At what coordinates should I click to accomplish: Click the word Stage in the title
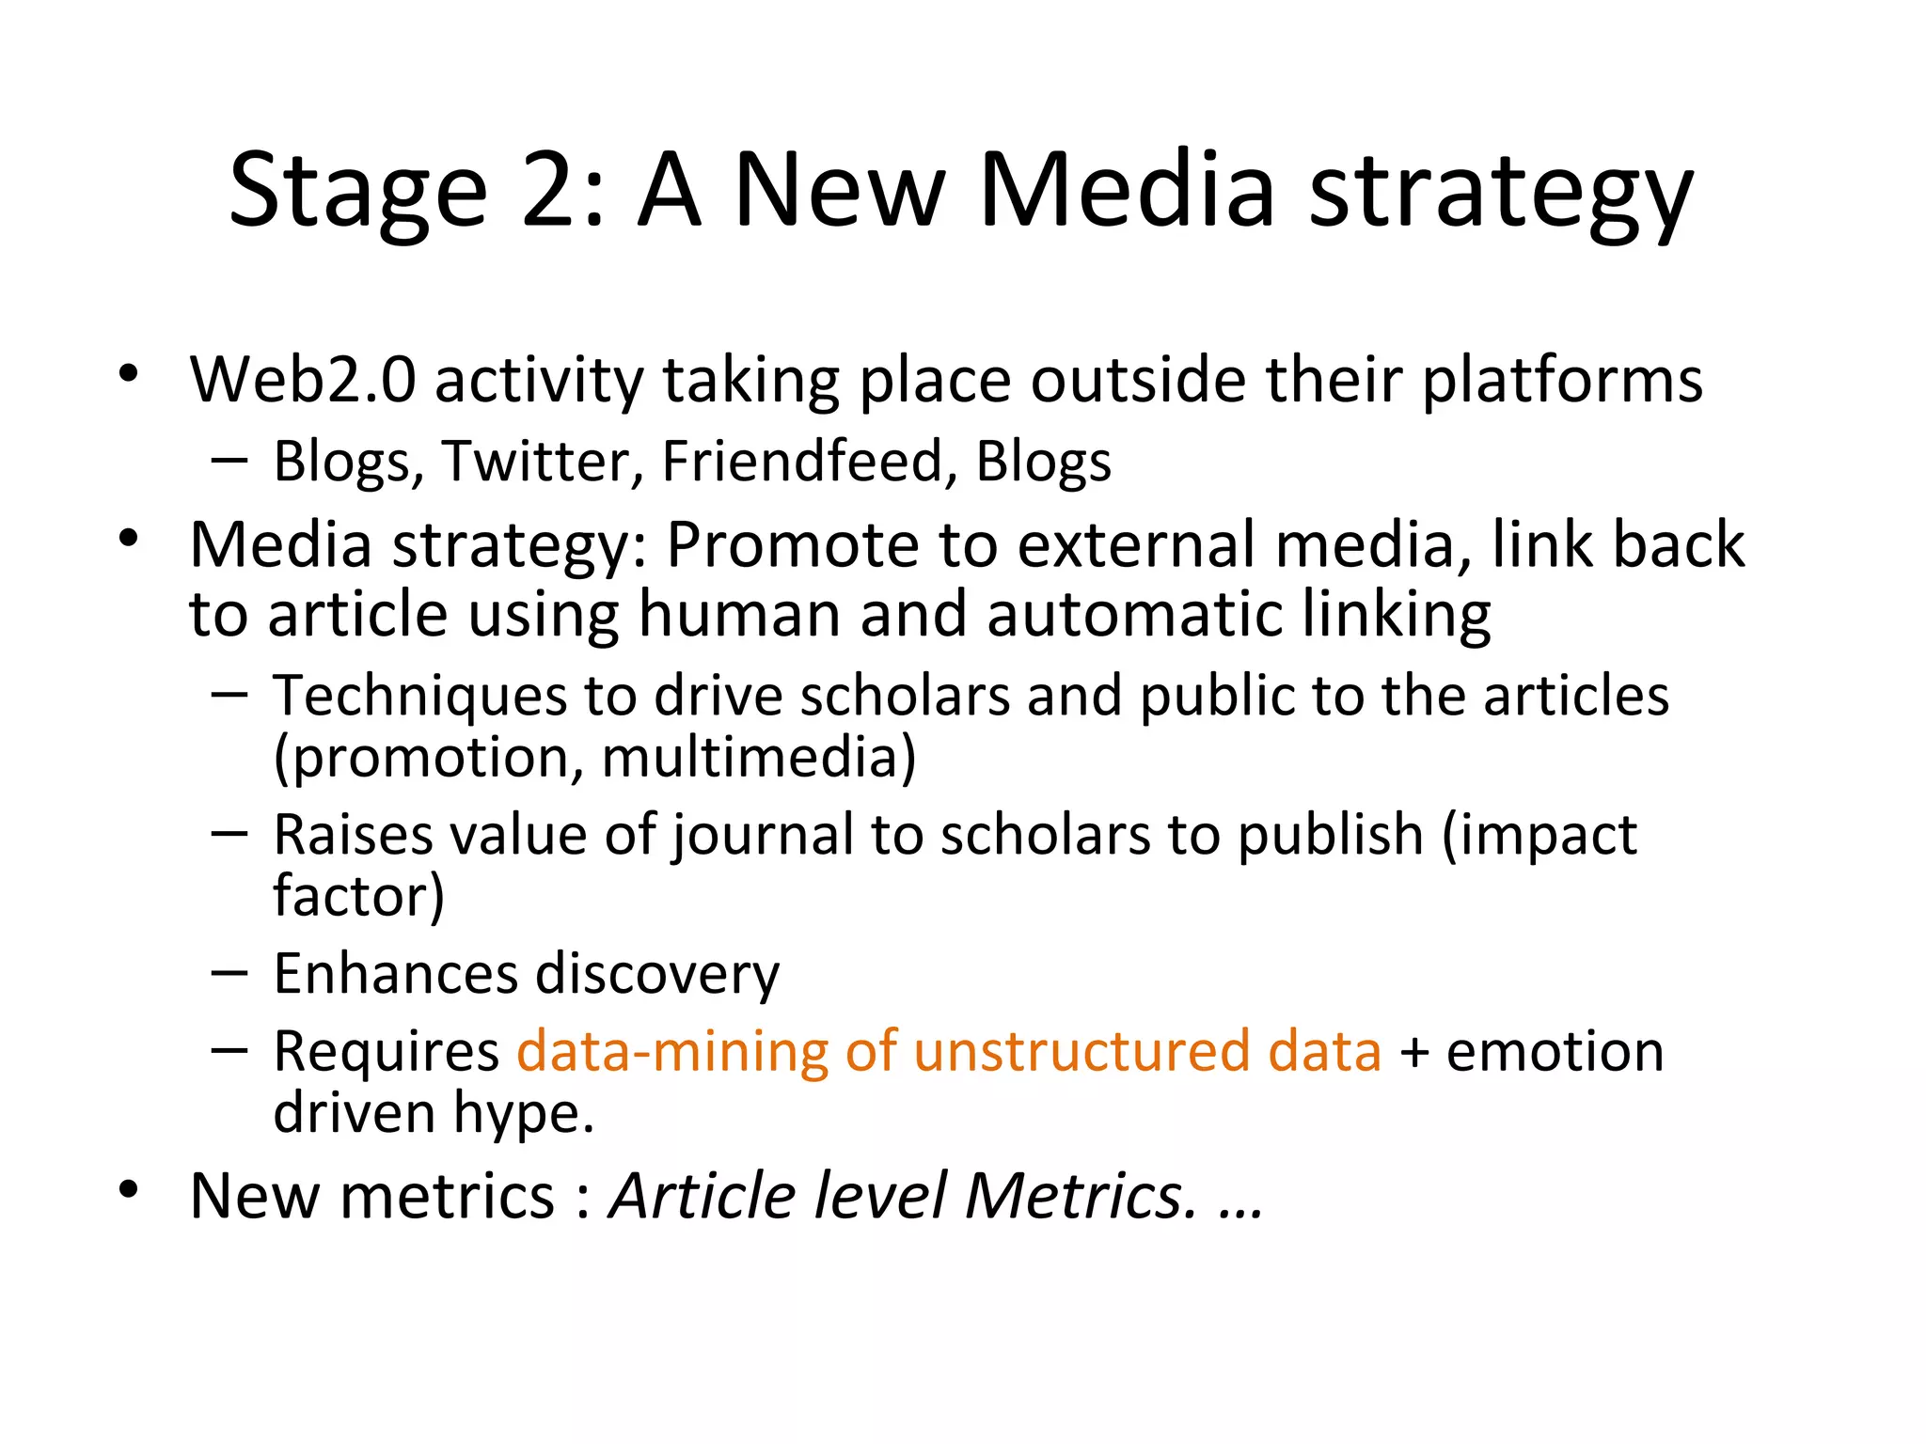click(357, 191)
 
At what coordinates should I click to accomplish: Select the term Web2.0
click(303, 381)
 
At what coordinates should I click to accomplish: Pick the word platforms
click(1562, 381)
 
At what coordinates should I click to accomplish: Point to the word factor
click(353, 896)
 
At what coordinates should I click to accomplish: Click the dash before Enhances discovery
click(229, 973)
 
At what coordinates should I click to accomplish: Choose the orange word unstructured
click(1081, 1051)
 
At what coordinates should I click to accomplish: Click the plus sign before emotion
click(1413, 1053)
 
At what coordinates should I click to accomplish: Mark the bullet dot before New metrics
click(129, 1190)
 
